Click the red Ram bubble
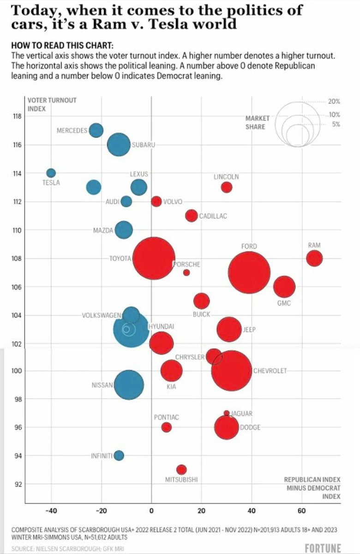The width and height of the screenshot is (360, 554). [314, 258]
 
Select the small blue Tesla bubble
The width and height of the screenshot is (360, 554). [51, 173]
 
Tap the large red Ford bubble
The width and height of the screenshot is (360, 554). [249, 273]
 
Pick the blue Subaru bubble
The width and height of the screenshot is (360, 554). [119, 145]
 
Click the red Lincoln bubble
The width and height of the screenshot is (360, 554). [226, 187]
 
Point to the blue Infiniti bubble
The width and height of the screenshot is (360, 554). [119, 456]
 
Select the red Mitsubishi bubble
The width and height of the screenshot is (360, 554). [181, 470]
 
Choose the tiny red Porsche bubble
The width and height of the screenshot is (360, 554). [186, 272]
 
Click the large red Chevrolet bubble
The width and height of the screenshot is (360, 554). [232, 371]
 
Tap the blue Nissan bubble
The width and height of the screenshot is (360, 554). [129, 385]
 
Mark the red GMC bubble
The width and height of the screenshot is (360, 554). [284, 287]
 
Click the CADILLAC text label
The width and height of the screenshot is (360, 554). [213, 216]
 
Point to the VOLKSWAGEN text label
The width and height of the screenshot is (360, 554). [101, 316]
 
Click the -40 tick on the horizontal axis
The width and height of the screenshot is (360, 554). [51, 511]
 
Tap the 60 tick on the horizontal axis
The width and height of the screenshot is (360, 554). [301, 511]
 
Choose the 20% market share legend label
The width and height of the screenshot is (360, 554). [334, 101]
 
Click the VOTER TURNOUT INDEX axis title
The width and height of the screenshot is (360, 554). [45, 105]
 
